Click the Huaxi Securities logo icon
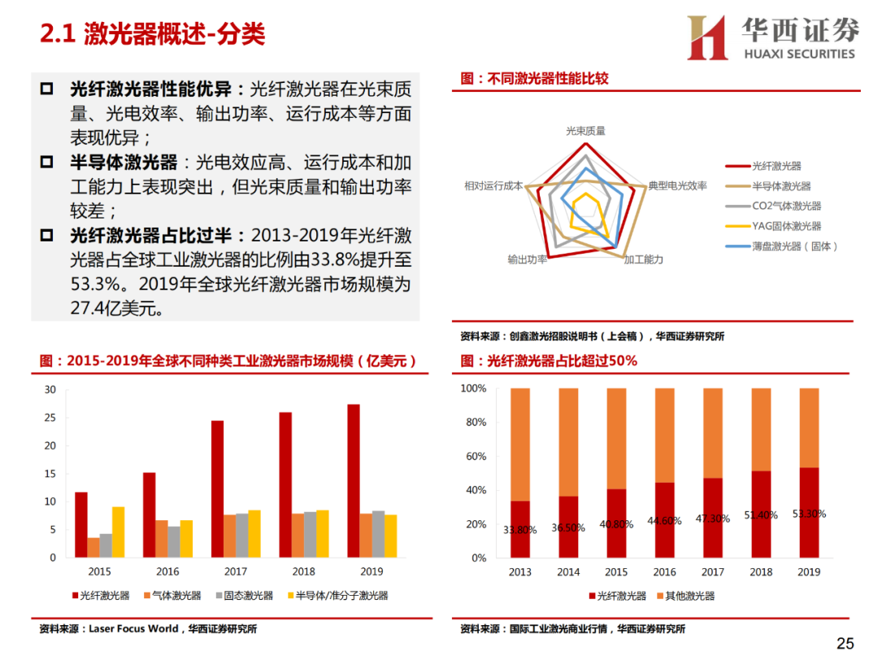pyautogui.click(x=707, y=37)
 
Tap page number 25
pyautogui.click(x=845, y=644)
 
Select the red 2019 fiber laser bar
pyautogui.click(x=354, y=480)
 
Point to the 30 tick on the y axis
pyautogui.click(x=50, y=389)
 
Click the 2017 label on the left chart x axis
pyautogui.click(x=236, y=571)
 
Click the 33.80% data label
pyautogui.click(x=520, y=531)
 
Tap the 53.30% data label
pyautogui.click(x=809, y=514)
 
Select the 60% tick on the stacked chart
pyautogui.click(x=474, y=457)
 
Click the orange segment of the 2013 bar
pyautogui.click(x=520, y=444)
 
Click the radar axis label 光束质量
pyautogui.click(x=585, y=130)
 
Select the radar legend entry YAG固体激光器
pyautogui.click(x=786, y=226)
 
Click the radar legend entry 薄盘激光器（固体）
pyautogui.click(x=794, y=246)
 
